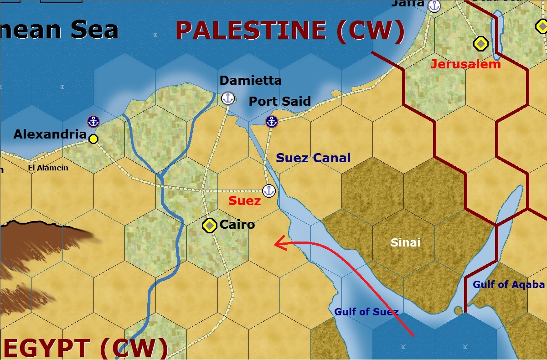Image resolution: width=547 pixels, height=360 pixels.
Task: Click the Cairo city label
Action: coord(237,225)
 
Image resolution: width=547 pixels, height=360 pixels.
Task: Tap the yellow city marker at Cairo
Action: coord(209,225)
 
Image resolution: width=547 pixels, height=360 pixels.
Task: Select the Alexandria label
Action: coord(49,134)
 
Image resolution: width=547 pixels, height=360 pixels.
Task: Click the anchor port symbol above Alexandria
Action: coord(93,121)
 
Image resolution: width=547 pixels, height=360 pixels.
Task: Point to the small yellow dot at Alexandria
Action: coord(93,139)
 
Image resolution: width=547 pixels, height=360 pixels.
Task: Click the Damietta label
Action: coord(251,81)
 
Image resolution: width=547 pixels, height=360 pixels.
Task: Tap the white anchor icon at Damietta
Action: coord(227,98)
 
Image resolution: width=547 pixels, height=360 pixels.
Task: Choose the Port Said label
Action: coord(279,101)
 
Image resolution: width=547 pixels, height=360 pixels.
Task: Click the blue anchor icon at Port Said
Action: coord(272,121)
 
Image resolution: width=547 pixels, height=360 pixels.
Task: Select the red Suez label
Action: coord(245,201)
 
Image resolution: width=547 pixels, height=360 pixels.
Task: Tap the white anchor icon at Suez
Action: coord(269,191)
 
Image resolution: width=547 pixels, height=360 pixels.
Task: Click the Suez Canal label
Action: coord(313,158)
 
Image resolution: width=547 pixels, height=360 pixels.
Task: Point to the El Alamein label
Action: coord(48,168)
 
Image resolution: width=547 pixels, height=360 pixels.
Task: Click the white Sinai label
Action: coord(405,242)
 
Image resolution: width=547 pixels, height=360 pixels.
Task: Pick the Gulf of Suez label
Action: coord(366,312)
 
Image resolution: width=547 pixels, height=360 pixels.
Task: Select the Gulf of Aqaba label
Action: coord(508,285)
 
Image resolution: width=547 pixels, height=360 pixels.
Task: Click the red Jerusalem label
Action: coord(465,64)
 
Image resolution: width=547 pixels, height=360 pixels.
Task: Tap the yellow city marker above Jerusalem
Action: coord(480,44)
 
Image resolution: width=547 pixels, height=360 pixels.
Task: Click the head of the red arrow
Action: coord(275,245)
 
